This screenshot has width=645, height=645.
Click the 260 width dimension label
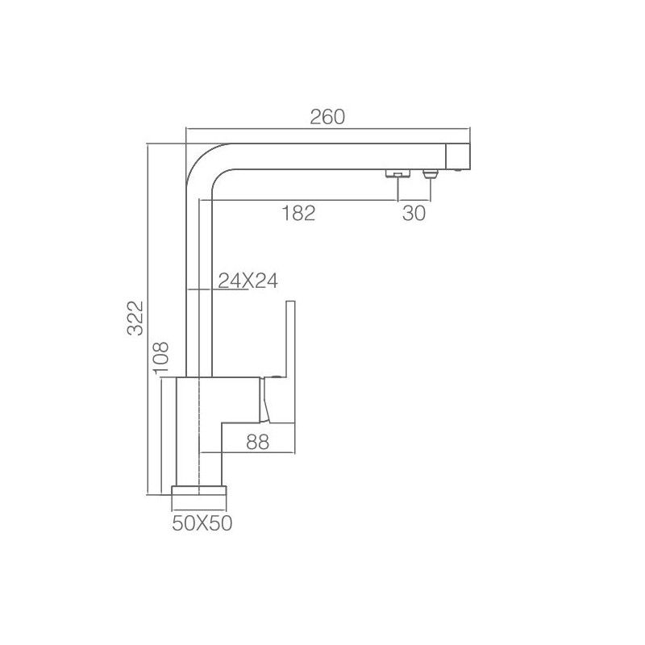pos(327,117)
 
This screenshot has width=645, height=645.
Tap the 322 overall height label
pos(135,318)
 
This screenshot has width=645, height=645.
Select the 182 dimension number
pos(298,213)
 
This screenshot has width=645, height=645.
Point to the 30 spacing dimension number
pos(414,213)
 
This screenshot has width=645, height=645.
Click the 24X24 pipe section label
pos(248,281)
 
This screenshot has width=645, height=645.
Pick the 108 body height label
pos(160,357)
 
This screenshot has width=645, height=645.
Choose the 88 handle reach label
pos(257,442)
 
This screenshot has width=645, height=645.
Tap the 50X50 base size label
pos(202,523)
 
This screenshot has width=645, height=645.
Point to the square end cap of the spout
pos(458,156)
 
